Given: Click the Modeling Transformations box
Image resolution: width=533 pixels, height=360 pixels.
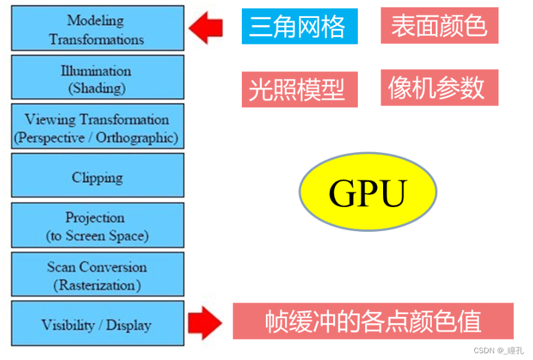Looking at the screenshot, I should click(97, 28).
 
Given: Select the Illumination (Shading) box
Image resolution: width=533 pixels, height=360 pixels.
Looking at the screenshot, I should click(97, 77).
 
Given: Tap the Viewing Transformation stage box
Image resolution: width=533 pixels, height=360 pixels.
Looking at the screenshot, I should click(97, 126).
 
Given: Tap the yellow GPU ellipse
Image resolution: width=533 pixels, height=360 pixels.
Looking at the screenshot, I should click(368, 192).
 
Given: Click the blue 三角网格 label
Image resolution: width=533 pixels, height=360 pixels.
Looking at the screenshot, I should click(299, 27).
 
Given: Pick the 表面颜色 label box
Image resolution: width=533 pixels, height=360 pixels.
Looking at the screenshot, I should click(439, 26).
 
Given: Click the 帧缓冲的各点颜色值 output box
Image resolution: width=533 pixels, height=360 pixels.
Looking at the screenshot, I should click(373, 321).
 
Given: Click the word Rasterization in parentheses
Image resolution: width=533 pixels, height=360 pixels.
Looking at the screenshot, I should click(97, 285).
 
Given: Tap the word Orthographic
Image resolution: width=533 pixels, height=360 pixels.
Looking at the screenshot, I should click(137, 137).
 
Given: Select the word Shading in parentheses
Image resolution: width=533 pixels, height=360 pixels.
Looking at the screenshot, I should click(97, 88).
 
